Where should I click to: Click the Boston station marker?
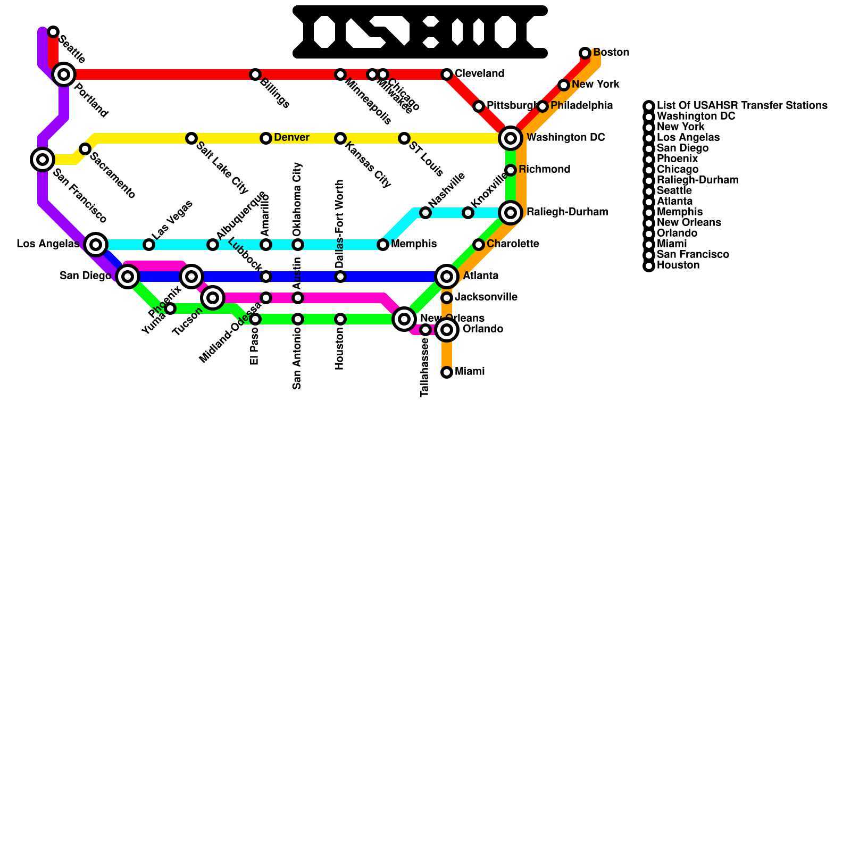tap(585, 53)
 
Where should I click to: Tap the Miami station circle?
tap(447, 372)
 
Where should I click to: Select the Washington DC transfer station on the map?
tap(511, 138)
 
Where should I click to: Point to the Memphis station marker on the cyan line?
tap(383, 245)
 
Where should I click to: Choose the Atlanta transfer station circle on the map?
tap(447, 277)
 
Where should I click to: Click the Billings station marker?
tap(255, 74)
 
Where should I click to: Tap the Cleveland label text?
tap(479, 74)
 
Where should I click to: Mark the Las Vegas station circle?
tap(149, 245)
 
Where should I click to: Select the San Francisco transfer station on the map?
tap(43, 159)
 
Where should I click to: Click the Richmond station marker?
tap(511, 170)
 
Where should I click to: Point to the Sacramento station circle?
tap(85, 149)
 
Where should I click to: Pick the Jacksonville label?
tap(486, 297)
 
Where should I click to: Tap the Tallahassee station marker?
tap(425, 330)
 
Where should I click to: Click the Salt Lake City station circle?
tap(191, 138)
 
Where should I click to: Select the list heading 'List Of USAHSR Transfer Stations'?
tap(742, 106)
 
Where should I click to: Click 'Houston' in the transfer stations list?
tap(678, 265)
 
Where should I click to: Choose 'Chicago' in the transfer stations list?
tap(678, 170)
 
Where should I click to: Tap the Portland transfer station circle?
tap(64, 74)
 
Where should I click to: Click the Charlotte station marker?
tap(479, 245)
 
